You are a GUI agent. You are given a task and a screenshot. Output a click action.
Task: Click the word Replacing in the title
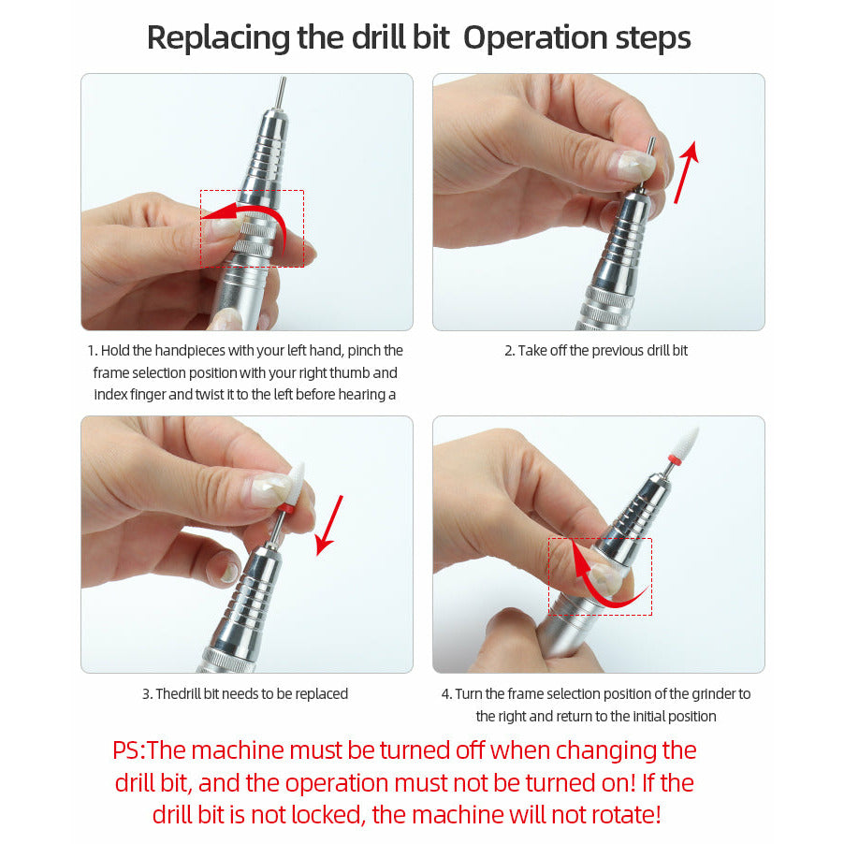click(x=218, y=38)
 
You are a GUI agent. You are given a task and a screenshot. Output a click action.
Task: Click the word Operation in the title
click(x=535, y=38)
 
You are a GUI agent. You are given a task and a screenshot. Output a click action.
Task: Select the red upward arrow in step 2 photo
click(x=688, y=172)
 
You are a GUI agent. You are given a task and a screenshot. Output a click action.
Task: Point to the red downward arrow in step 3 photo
click(x=328, y=525)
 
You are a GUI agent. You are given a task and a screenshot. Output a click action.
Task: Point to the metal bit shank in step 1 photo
click(x=281, y=92)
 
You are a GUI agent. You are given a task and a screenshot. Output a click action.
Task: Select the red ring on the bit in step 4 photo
click(x=673, y=459)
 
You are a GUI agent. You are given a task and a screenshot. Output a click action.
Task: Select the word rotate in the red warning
click(x=625, y=815)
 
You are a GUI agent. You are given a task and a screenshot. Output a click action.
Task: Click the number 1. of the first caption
click(x=93, y=351)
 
